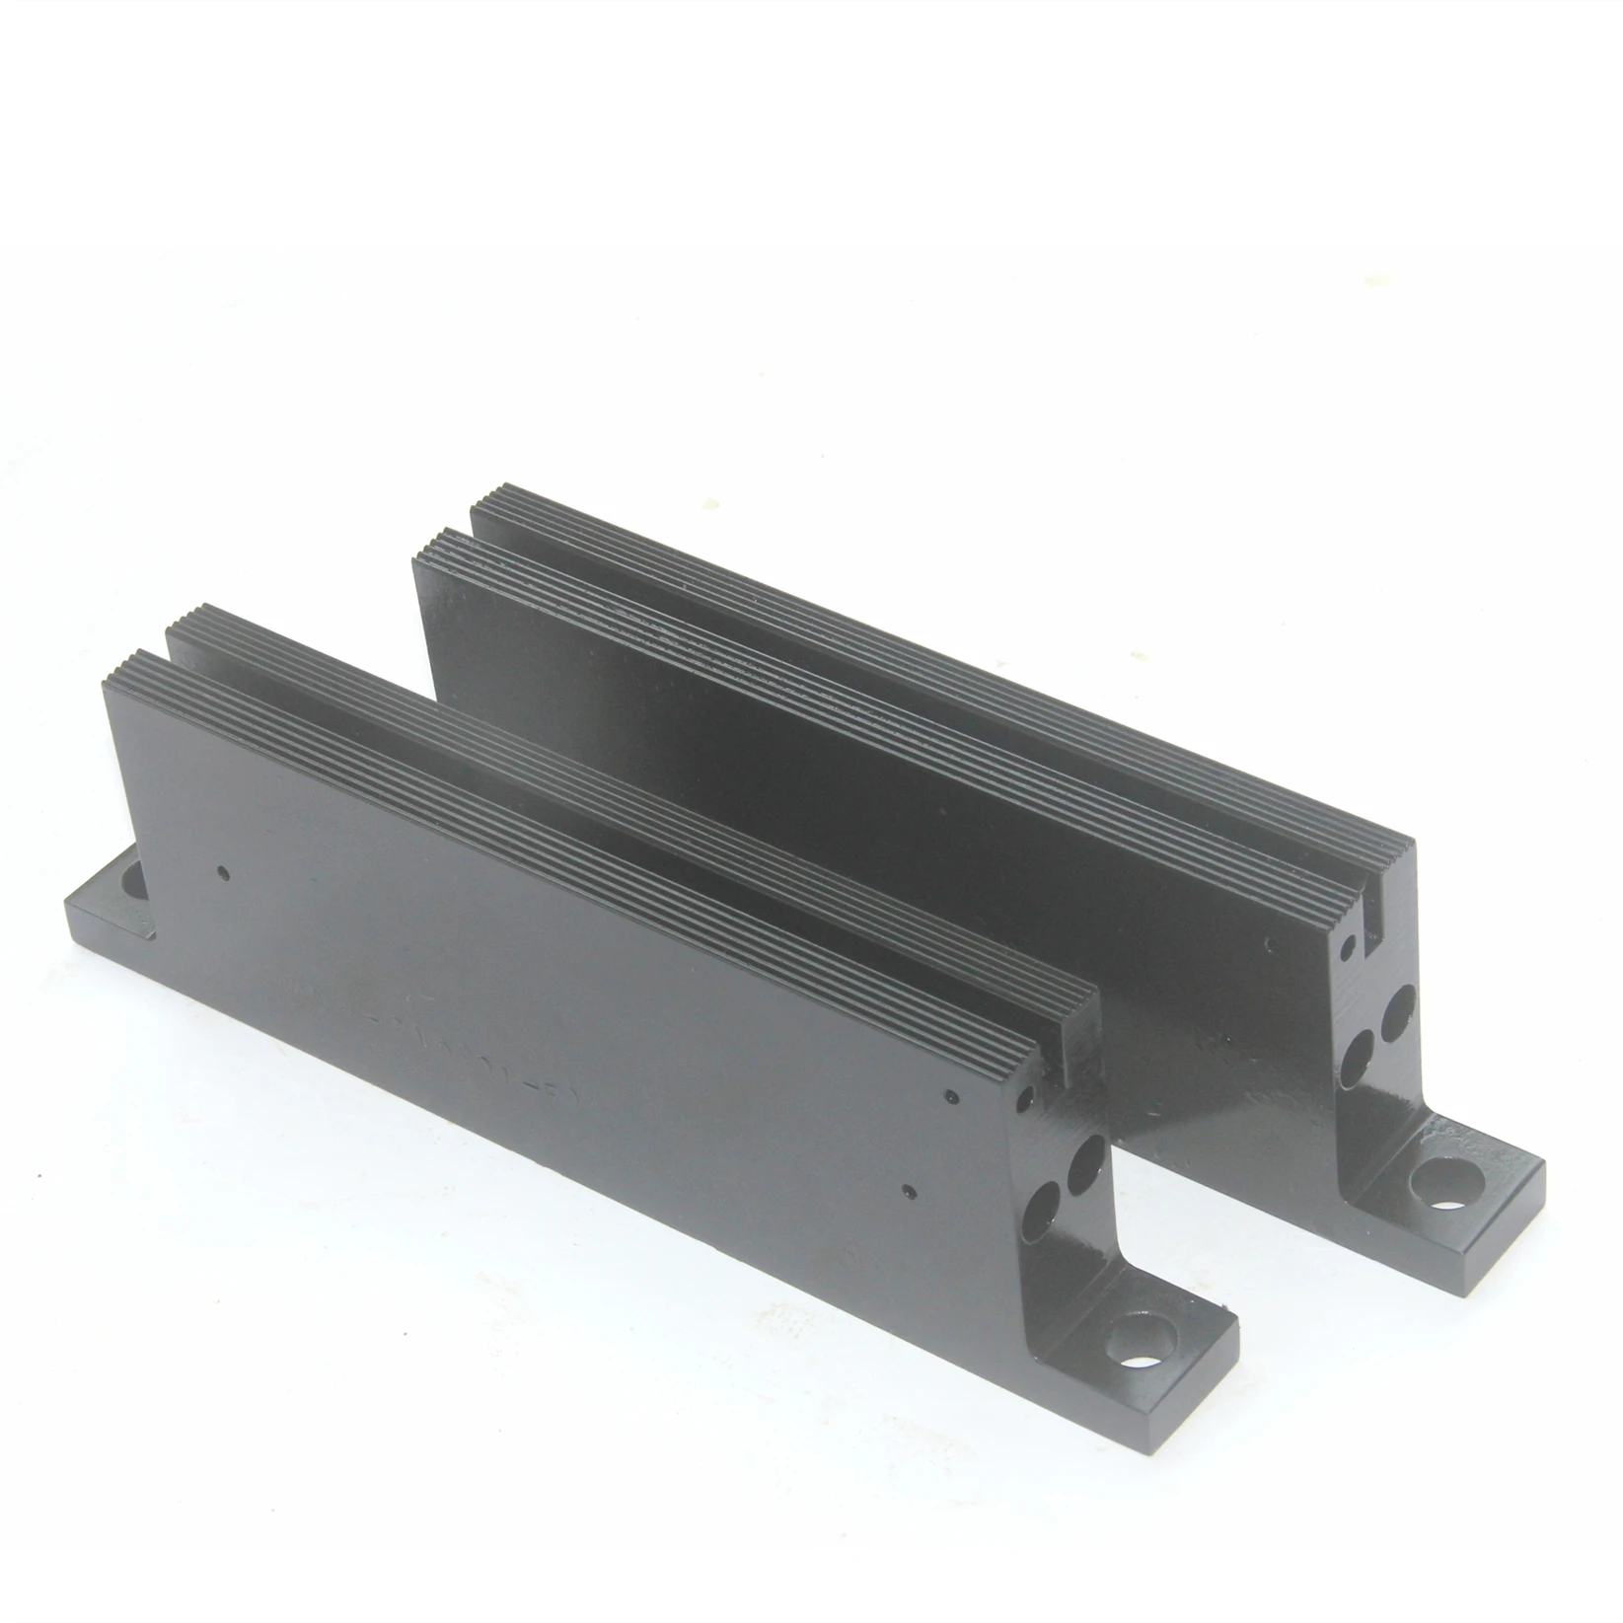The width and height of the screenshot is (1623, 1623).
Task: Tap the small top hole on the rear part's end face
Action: point(1348,953)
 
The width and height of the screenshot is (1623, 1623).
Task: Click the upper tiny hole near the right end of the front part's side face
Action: point(949,1095)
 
